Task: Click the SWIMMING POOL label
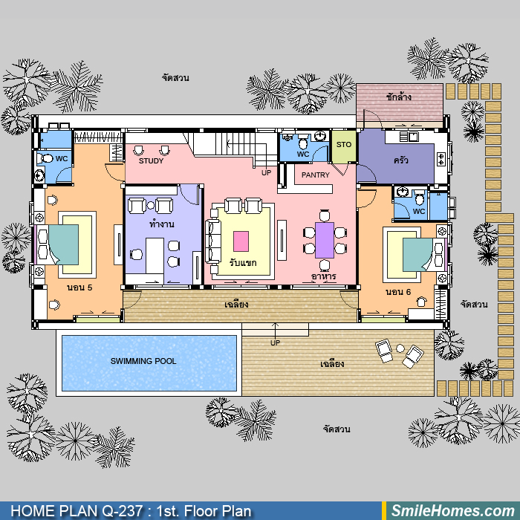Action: tap(143, 361)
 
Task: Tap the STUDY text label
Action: tap(152, 161)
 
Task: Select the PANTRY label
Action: tap(316, 175)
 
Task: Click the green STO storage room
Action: tap(344, 146)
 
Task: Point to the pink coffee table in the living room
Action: tap(241, 241)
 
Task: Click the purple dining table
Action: tap(325, 240)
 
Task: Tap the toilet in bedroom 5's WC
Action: tap(45, 158)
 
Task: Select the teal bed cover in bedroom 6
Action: tap(417, 254)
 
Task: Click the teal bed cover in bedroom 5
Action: tap(64, 244)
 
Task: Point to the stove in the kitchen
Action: tap(441, 159)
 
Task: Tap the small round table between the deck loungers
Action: tap(400, 348)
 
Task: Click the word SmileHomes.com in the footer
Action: tap(453, 511)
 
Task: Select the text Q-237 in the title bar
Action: tap(123, 511)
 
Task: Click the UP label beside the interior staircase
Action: tap(266, 173)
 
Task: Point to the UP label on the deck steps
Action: tap(276, 343)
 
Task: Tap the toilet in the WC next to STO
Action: tap(303, 143)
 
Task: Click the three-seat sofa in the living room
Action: tap(212, 241)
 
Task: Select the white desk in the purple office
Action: tap(155, 256)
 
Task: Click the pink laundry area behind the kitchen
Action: tap(400, 103)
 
